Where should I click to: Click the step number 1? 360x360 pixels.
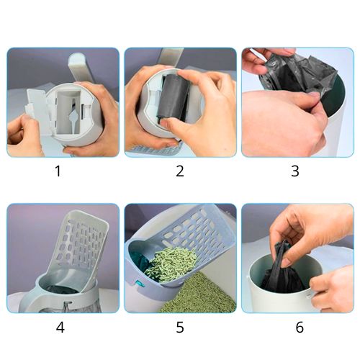[x=58, y=171]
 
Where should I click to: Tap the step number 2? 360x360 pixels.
[x=180, y=171]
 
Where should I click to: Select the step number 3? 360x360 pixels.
[x=295, y=171]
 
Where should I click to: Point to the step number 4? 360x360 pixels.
[x=60, y=327]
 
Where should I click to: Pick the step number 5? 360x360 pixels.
[x=180, y=327]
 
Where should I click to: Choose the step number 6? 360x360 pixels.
[x=300, y=327]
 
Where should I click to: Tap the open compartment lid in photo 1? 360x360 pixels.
[x=38, y=108]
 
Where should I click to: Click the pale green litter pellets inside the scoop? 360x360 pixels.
[x=171, y=263]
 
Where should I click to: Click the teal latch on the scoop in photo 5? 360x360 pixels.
[x=140, y=284]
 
